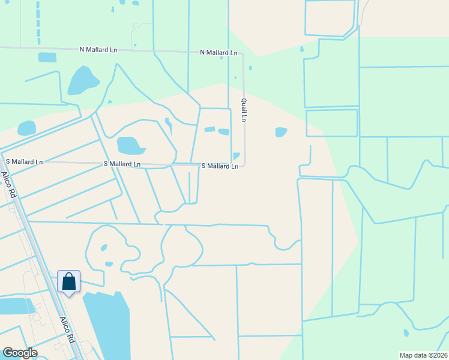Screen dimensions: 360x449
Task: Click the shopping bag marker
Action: click(x=69, y=281)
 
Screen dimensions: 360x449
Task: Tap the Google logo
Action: click(x=20, y=353)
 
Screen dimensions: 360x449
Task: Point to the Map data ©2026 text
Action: click(x=423, y=355)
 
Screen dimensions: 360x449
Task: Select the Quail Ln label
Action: click(x=244, y=110)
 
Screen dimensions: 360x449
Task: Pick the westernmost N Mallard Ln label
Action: click(x=98, y=50)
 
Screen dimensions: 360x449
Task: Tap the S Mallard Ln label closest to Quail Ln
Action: click(x=219, y=166)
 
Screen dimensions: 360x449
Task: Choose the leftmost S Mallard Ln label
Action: click(x=24, y=162)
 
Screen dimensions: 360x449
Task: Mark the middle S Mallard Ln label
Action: click(x=122, y=164)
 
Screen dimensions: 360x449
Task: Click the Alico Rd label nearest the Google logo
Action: click(x=67, y=330)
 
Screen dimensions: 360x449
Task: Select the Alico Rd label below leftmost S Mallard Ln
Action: click(x=8, y=185)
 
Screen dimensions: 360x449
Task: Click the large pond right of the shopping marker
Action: click(x=108, y=324)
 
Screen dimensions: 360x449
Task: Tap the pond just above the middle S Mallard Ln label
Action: click(x=129, y=145)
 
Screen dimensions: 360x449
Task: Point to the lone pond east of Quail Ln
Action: click(x=281, y=132)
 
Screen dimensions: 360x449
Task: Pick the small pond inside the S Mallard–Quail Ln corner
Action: click(x=236, y=156)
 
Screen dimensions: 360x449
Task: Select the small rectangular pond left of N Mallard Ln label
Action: click(x=47, y=58)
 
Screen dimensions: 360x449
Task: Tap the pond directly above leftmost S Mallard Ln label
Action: click(x=27, y=128)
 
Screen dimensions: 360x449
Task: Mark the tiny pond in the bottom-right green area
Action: click(x=406, y=332)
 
